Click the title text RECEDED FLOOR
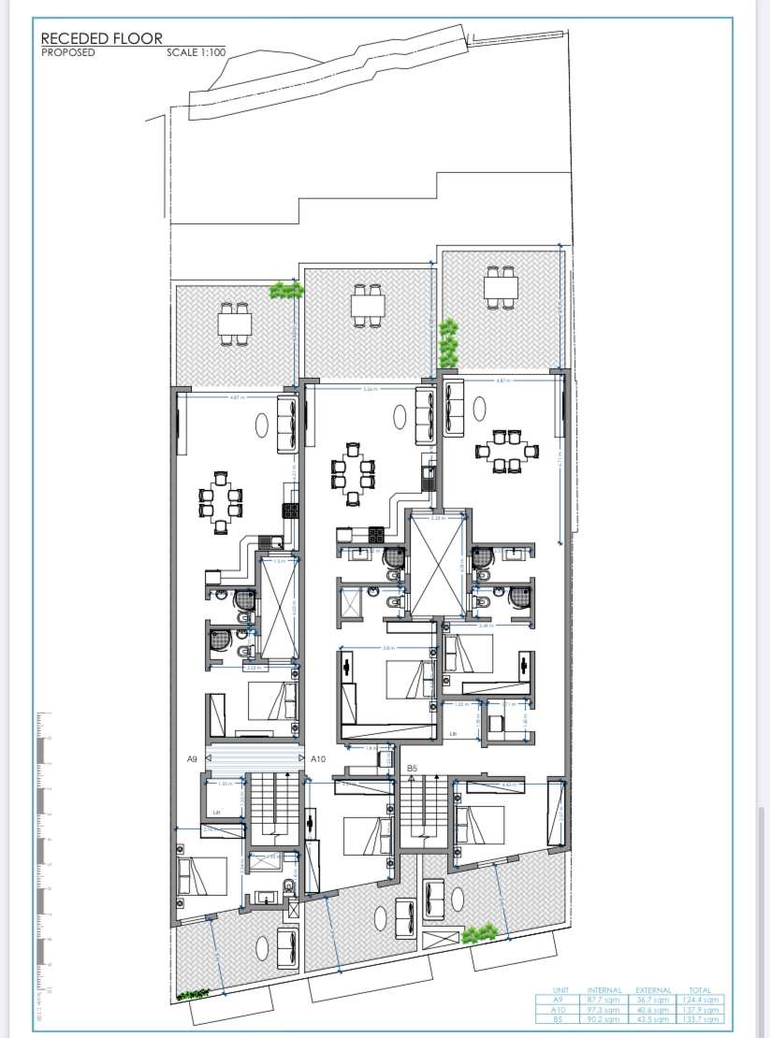[x=101, y=38]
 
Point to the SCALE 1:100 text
[x=196, y=52]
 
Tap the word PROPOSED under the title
[x=67, y=52]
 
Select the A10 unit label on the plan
[x=317, y=759]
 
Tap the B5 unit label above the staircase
[x=412, y=768]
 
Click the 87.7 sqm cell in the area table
[x=604, y=1000]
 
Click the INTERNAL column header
[x=604, y=989]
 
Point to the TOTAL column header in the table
[x=698, y=989]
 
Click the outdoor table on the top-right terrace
[x=500, y=287]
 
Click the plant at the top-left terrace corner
[x=286, y=291]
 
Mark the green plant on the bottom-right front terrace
[x=479, y=933]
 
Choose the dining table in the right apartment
[x=506, y=451]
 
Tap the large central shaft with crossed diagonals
[x=435, y=562]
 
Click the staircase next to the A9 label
[x=271, y=805]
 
